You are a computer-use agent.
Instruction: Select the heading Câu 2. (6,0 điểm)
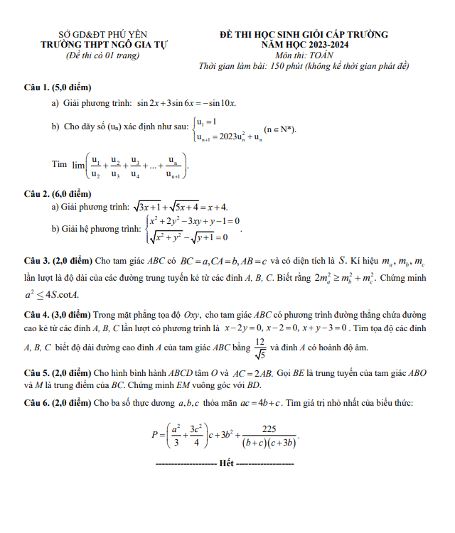pyautogui.click(x=58, y=194)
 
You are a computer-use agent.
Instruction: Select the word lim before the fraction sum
pyautogui.click(x=78, y=164)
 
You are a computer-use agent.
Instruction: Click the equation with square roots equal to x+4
pyautogui.click(x=181, y=207)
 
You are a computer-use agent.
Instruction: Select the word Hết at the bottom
pyautogui.click(x=227, y=463)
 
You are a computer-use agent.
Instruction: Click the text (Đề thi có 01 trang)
pyautogui.click(x=102, y=55)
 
